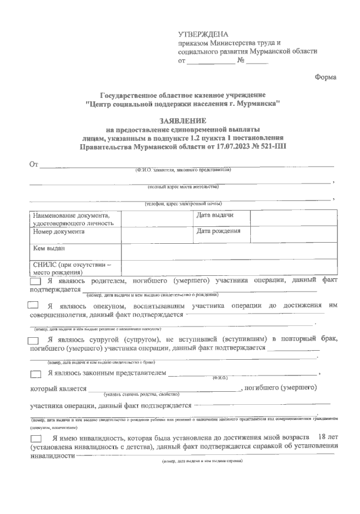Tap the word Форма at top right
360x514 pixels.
(x=325, y=77)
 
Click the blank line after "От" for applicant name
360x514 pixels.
(x=186, y=166)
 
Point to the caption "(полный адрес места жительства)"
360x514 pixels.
(x=183, y=186)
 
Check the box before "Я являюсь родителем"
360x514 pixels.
(x=35, y=281)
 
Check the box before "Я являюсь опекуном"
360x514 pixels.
(x=33, y=305)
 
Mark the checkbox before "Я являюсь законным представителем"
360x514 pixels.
(x=35, y=374)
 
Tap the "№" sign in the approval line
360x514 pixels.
(x=241, y=61)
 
